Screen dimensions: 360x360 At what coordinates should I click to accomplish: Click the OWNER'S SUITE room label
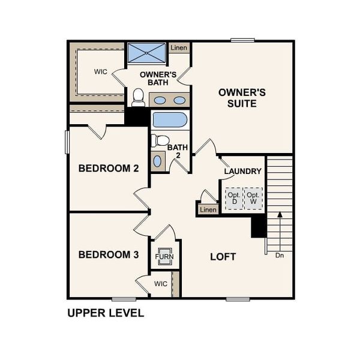tap(242, 98)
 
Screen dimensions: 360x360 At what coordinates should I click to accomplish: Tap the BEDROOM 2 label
tap(109, 169)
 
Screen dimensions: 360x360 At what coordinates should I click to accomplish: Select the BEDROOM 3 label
tap(109, 255)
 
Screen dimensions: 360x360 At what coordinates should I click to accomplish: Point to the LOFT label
tap(223, 257)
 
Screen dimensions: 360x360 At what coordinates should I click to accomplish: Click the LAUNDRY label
tap(242, 172)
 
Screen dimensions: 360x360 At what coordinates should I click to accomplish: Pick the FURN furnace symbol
tap(164, 257)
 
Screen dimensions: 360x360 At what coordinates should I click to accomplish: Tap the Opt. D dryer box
tap(235, 198)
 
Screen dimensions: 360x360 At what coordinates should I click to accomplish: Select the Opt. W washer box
tap(254, 198)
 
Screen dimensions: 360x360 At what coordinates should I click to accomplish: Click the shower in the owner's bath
tap(146, 53)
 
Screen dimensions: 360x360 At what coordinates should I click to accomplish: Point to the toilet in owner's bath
tap(139, 97)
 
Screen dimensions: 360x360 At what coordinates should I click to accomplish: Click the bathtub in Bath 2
tap(170, 119)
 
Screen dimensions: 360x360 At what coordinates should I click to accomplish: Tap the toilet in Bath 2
tap(160, 140)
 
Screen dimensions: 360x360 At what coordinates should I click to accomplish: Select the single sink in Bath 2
tap(158, 161)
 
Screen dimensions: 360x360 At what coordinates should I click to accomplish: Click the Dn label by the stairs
tap(279, 256)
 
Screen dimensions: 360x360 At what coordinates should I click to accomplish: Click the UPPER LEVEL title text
tap(106, 313)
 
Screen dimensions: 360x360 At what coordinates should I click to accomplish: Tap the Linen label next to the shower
tap(179, 47)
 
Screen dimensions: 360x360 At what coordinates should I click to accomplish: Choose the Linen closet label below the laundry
tap(208, 209)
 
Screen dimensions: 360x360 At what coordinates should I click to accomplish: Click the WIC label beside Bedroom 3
tap(161, 283)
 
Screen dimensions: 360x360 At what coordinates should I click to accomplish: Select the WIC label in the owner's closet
tap(101, 71)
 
